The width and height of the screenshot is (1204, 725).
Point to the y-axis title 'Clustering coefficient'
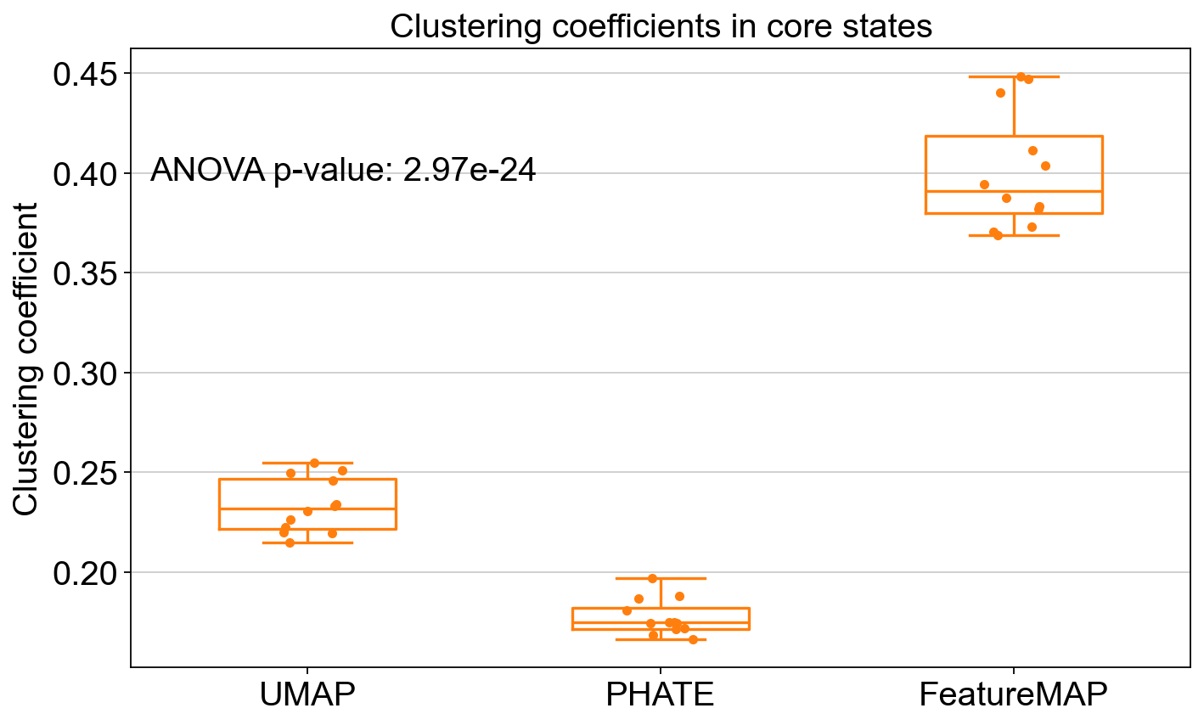pos(25,359)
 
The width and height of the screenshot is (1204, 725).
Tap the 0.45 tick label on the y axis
pos(84,74)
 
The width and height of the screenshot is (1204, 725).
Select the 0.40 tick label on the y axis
pos(84,174)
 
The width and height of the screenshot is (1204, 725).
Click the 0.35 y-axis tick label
pos(84,273)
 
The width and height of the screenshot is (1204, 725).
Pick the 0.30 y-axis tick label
pos(84,374)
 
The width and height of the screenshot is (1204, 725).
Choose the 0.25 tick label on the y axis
pos(84,473)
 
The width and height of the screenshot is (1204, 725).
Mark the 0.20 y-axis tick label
pos(84,573)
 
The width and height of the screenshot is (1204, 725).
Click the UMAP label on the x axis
pos(307,694)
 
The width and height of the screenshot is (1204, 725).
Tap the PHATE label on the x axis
pos(660,694)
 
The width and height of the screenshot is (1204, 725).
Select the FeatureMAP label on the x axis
pos(1013,694)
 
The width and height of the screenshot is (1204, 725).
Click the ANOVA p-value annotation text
pos(343,171)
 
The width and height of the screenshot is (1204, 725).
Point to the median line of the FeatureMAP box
pos(1015,191)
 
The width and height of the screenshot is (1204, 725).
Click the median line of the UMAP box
pos(307,509)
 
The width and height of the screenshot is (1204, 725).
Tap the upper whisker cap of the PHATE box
pos(661,578)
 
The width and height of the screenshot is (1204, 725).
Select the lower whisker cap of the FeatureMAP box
pos(1015,235)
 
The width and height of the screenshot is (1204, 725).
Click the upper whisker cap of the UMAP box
pos(307,463)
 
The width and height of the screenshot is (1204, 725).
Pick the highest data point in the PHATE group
pos(653,579)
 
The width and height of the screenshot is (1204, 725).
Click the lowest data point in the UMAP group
pos(290,542)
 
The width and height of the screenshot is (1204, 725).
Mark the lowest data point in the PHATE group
pos(694,639)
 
